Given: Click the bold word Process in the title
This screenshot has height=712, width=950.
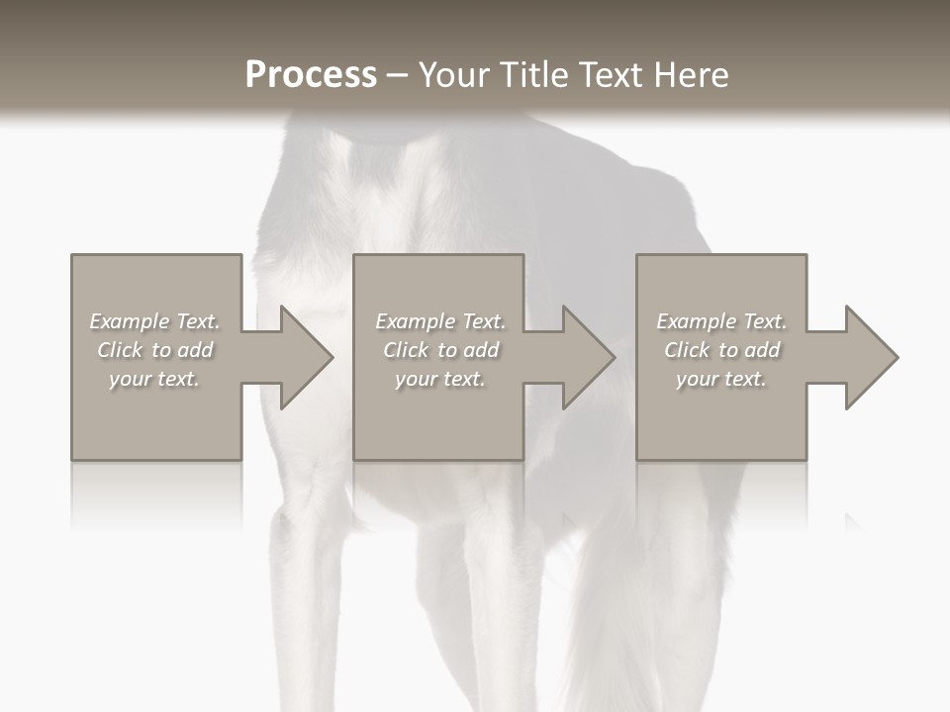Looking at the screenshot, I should tap(311, 75).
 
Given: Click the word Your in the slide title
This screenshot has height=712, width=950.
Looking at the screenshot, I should tap(456, 75).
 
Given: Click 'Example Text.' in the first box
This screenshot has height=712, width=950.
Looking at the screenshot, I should tap(155, 321).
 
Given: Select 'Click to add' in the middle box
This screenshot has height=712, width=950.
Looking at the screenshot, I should tap(440, 350).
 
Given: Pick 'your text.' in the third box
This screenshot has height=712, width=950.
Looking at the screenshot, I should tap(721, 379).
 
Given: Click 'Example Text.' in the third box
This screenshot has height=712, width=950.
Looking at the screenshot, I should tap(721, 321).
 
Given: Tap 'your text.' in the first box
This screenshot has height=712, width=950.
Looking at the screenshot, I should tap(155, 379).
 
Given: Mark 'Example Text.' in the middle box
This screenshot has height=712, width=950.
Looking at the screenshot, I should tap(440, 321).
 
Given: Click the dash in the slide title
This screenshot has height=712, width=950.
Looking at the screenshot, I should tap(398, 75).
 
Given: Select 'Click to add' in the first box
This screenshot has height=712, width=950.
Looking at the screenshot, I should tap(155, 350).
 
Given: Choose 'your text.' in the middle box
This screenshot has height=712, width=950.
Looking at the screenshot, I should tap(440, 379).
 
